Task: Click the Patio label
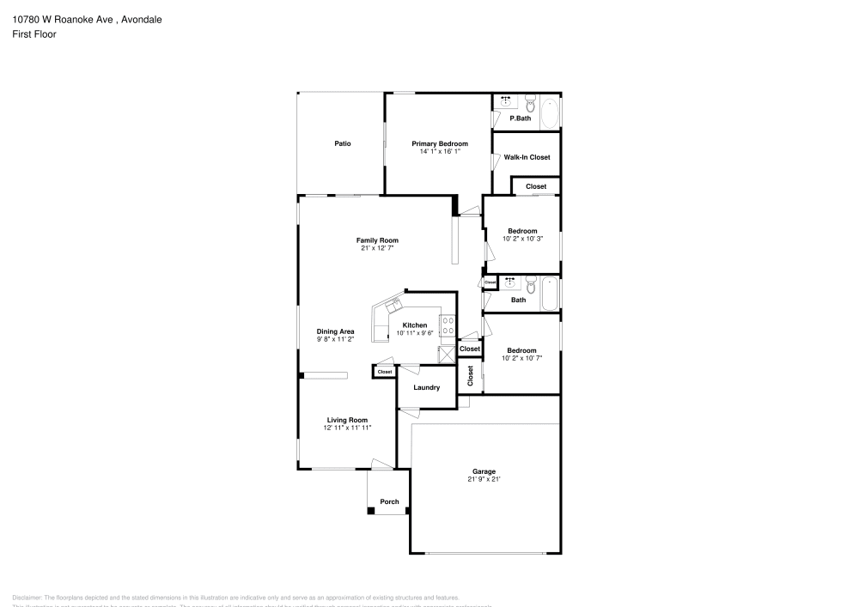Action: [x=342, y=143]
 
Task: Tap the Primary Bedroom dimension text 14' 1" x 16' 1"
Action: [x=440, y=151]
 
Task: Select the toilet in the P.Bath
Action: [x=529, y=104]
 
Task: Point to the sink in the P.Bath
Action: [x=505, y=102]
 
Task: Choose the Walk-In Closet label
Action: [x=527, y=157]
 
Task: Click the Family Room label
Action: [x=377, y=240]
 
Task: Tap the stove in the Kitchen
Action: [x=448, y=325]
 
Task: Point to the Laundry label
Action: [x=426, y=387]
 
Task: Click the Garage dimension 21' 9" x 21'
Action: [x=484, y=479]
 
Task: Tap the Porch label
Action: [x=389, y=501]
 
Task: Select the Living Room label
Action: [x=346, y=420]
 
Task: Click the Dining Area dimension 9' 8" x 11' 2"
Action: [x=335, y=339]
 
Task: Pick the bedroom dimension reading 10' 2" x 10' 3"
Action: [x=522, y=239]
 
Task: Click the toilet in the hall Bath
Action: [x=530, y=283]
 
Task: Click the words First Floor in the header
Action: [x=34, y=34]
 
